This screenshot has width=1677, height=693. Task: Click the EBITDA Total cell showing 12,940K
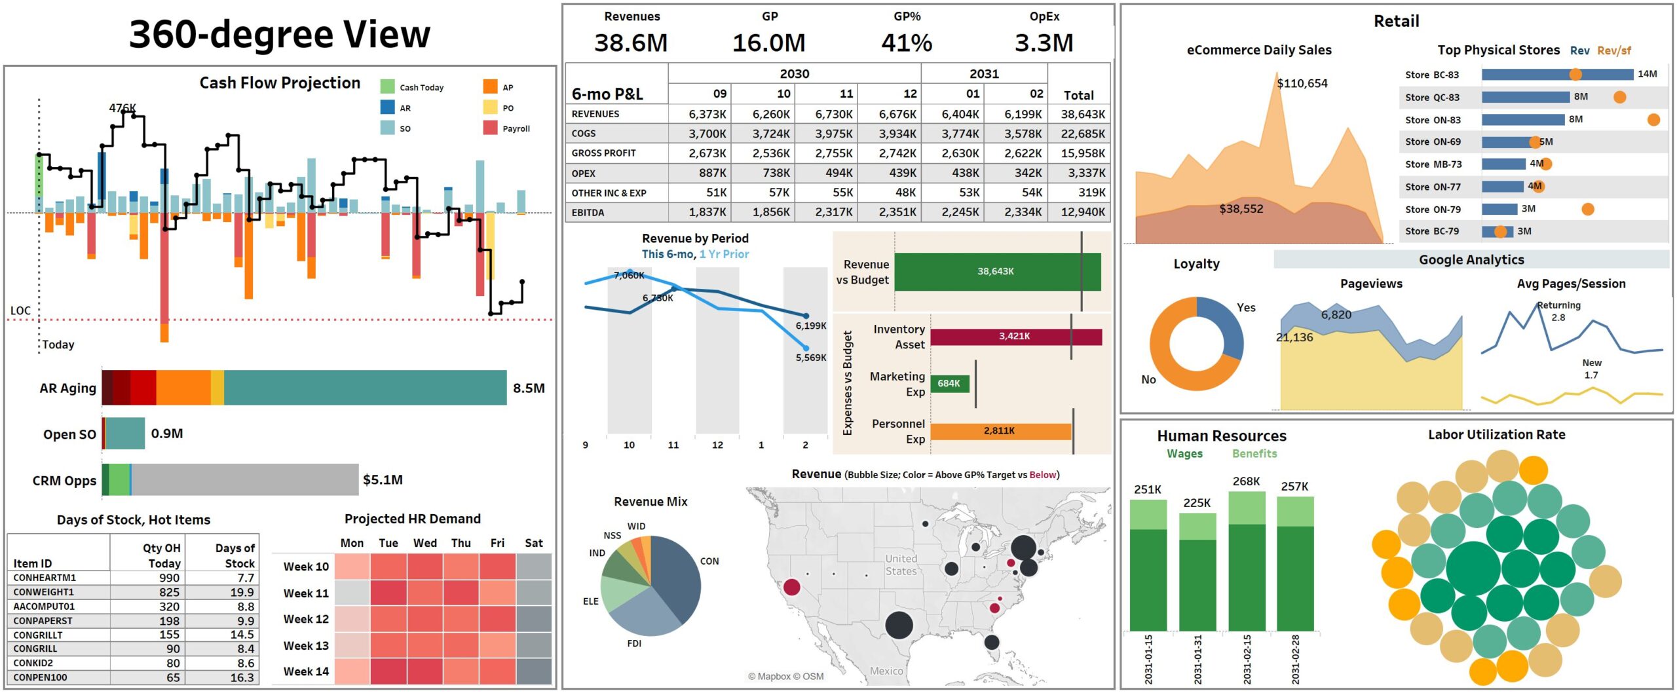[1082, 212]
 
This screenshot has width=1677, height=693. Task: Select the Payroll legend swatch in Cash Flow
[490, 128]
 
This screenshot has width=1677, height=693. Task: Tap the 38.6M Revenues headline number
[630, 43]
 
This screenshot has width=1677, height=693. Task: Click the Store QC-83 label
[1431, 98]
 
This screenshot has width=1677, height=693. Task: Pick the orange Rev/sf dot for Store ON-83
[1653, 120]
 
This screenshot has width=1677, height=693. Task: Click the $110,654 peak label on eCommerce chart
[1302, 83]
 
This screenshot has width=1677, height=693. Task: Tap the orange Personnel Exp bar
[1000, 431]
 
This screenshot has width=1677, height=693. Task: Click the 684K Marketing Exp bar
[949, 383]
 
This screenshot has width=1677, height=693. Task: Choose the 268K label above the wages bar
[1245, 481]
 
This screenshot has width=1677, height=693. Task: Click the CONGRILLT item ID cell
[38, 635]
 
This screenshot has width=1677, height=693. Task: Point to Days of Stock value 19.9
[242, 592]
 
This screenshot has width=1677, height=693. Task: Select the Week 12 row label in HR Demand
[306, 619]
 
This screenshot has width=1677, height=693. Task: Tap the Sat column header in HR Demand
[533, 543]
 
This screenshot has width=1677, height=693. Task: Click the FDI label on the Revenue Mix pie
[633, 643]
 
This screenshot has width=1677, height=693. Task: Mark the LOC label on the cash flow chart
[20, 310]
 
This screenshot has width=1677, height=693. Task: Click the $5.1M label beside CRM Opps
[383, 479]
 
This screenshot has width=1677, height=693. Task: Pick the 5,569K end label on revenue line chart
[810, 358]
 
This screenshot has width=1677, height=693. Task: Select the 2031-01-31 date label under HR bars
[1197, 658]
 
